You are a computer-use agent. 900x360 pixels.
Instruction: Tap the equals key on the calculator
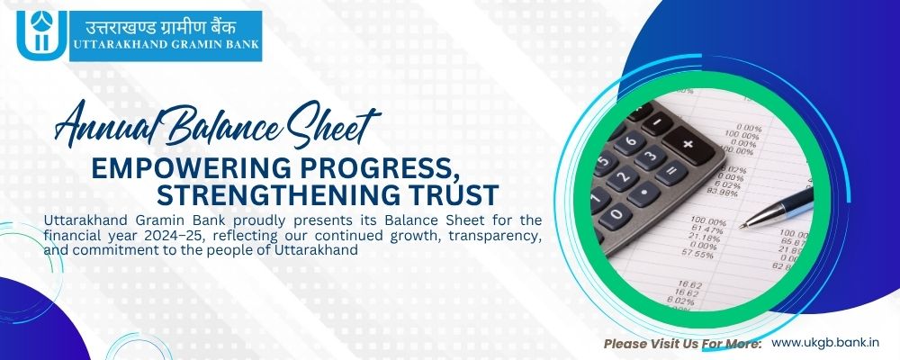(x=671, y=173)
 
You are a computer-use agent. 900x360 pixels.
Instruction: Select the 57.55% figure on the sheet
(x=697, y=254)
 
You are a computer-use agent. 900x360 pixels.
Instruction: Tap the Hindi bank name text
(x=161, y=26)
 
